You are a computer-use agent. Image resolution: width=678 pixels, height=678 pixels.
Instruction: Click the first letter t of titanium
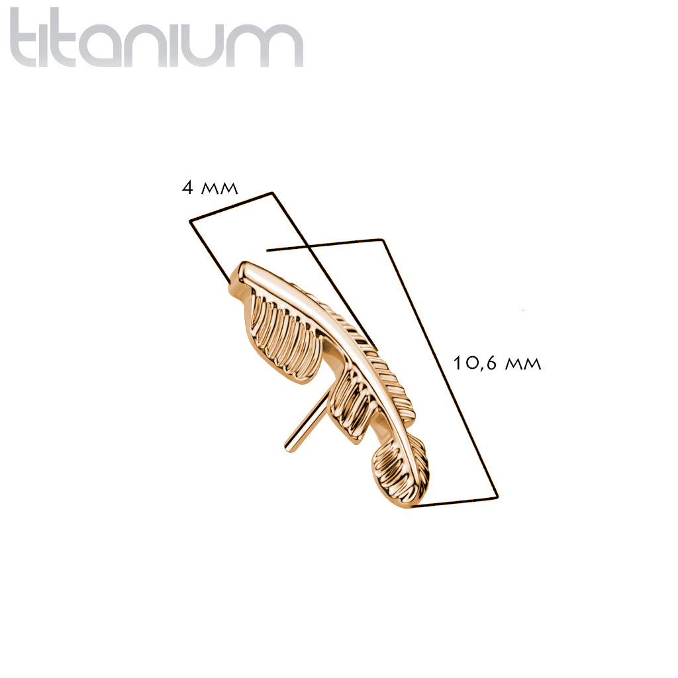27,38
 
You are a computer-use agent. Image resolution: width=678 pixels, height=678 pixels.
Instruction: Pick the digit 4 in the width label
187,187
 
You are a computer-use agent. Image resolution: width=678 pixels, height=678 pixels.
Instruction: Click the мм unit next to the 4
220,189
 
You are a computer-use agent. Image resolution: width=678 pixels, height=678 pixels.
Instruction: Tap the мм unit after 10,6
523,364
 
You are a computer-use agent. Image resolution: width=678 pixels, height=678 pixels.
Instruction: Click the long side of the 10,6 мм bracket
440,368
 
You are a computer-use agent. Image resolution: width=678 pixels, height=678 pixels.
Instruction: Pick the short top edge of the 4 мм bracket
231,207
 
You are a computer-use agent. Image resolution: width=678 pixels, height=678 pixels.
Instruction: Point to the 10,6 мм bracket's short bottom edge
455,503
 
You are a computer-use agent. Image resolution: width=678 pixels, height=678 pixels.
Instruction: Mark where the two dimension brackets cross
306,246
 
